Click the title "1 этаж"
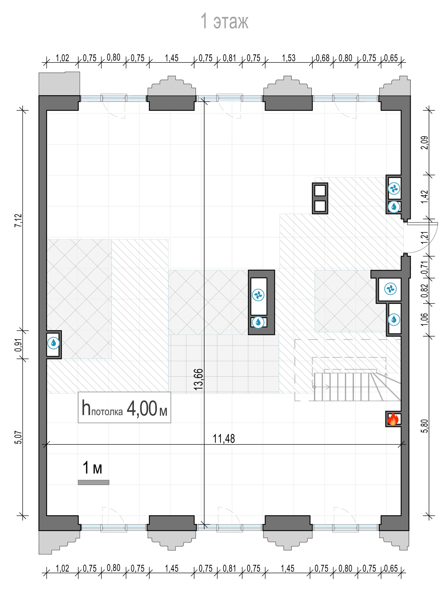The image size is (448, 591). [224, 21]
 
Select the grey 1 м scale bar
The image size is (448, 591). [93, 482]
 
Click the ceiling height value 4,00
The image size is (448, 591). [142, 408]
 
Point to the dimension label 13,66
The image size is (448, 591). [199, 379]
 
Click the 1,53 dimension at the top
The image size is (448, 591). [289, 58]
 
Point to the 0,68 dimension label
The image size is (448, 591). [323, 58]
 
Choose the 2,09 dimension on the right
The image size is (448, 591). [425, 143]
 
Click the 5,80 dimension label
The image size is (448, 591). [425, 426]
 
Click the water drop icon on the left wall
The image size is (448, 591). [54, 343]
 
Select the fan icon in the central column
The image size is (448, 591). [258, 295]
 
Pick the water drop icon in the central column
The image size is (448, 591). [258, 322]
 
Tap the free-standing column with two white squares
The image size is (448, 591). [320, 198]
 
